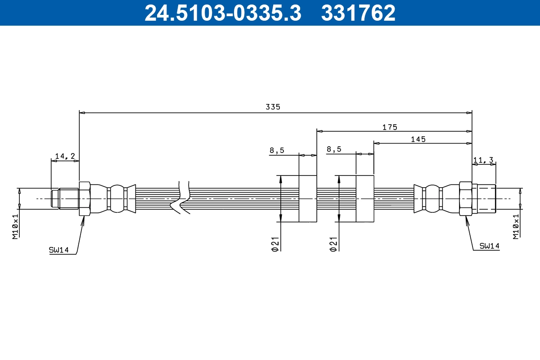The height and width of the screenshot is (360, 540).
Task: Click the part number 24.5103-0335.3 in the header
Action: [x=223, y=13]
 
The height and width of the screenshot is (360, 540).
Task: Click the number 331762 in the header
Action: [x=358, y=13]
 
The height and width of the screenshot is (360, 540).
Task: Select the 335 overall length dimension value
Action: [x=273, y=107]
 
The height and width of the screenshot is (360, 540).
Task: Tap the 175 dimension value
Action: [x=390, y=127]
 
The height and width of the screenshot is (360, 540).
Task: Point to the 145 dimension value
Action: [x=418, y=139]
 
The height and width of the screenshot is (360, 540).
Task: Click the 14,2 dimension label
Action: [x=65, y=156]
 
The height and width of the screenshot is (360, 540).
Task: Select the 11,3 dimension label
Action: [x=484, y=159]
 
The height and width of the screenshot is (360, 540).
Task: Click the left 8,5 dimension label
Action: [x=277, y=150]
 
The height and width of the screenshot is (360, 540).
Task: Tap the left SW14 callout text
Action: [x=58, y=250]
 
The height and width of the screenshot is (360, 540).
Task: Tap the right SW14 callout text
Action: [x=489, y=246]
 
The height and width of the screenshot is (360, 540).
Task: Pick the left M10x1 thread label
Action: [x=15, y=226]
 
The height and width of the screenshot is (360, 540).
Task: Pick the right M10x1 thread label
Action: [x=516, y=226]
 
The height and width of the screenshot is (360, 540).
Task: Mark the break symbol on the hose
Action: [x=181, y=198]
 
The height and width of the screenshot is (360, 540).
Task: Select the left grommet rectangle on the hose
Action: [x=308, y=198]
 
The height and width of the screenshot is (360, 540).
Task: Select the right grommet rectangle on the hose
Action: [x=365, y=198]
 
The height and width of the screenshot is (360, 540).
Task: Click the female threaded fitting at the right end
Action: [x=483, y=198]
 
